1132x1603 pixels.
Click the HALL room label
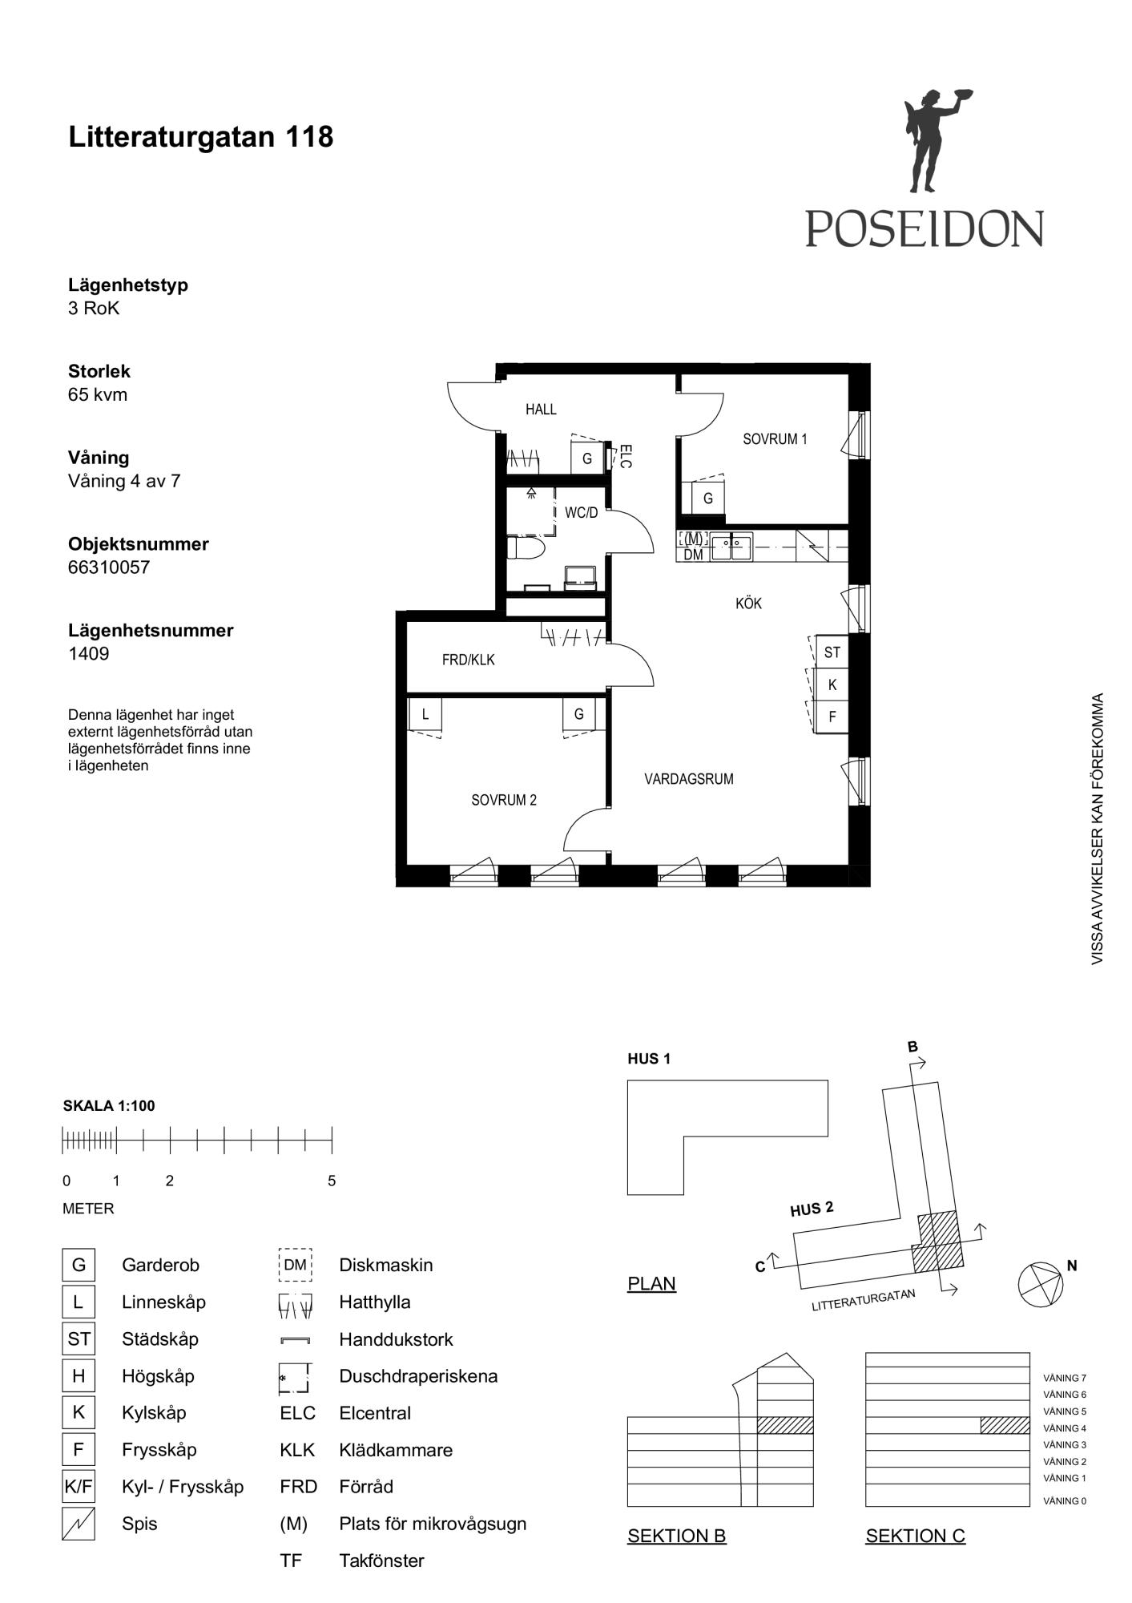click(541, 410)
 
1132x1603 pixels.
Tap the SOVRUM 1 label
click(775, 439)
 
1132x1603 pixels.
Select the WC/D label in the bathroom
click(581, 513)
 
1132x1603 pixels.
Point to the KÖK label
click(749, 603)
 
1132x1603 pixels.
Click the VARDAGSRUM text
click(689, 779)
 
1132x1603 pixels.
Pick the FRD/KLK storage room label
click(469, 660)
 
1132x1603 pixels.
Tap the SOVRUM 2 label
click(504, 800)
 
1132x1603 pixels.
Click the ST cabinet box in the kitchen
click(832, 652)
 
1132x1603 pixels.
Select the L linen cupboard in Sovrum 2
click(425, 714)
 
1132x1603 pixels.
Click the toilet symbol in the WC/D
click(526, 549)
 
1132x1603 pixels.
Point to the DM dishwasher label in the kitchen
click(693, 555)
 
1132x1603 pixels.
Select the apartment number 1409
click(89, 653)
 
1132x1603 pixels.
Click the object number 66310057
click(109, 567)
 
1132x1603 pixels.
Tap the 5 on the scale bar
click(332, 1181)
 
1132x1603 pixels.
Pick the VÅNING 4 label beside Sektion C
click(1065, 1428)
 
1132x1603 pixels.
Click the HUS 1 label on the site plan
click(649, 1059)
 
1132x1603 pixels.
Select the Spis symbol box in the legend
click(79, 1524)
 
